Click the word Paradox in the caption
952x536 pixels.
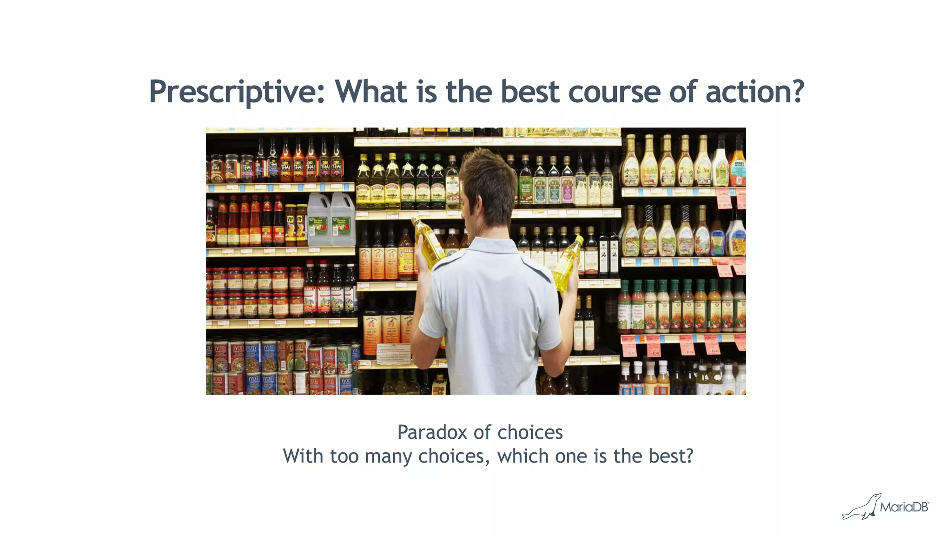[x=432, y=433]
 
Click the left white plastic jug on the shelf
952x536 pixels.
[x=319, y=221]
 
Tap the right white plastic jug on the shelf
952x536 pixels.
[x=343, y=221]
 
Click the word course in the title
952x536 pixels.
[x=614, y=92]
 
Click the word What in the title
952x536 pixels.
[x=371, y=92]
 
